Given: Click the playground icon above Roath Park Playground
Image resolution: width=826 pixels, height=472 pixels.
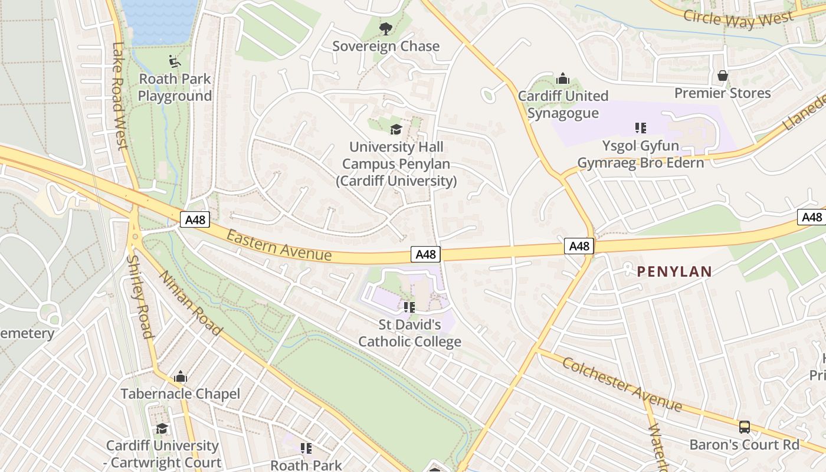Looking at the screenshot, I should coord(174,61).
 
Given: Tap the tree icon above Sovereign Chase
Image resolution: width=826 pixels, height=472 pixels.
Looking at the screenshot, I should coord(386,28).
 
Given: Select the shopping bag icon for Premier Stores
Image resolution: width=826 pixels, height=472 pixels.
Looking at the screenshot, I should coord(722,76).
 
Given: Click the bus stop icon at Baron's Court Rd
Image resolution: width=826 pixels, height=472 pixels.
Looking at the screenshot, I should coord(745,427).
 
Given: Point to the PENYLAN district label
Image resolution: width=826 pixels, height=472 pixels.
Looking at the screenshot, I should coord(674,271).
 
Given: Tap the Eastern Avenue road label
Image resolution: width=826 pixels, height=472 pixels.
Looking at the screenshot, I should coord(279,244).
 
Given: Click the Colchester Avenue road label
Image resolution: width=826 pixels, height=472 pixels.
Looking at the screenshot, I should coord(622,384).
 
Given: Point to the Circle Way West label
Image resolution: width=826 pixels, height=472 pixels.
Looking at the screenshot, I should coord(738,18).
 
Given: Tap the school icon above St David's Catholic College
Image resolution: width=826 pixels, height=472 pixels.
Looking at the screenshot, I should coord(409,307).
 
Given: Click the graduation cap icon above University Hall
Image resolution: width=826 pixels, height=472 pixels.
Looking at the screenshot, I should coord(396,129).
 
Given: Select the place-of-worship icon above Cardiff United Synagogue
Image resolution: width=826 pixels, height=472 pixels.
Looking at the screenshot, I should coord(563,78).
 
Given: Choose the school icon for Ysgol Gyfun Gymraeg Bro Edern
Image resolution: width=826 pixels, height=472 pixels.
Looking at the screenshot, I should coord(640,127).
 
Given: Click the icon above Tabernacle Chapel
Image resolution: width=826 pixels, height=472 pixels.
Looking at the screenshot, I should coord(181,376).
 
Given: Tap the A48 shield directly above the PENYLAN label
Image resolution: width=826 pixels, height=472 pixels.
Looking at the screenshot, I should coord(579,246).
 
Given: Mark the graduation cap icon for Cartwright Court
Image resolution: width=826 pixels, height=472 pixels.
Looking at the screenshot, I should coord(162,428).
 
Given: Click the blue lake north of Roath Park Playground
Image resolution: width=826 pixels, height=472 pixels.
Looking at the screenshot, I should coord(159,21).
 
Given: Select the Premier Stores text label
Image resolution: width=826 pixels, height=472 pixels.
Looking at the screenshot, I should coord(722,93).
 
